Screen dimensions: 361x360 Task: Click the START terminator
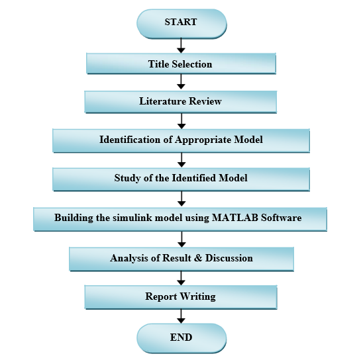tap(181, 24)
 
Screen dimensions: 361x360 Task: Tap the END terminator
tap(181, 338)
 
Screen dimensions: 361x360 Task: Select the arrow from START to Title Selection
tap(181, 46)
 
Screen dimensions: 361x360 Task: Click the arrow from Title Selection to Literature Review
tap(181, 81)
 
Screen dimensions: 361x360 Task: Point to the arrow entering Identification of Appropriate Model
tap(181, 121)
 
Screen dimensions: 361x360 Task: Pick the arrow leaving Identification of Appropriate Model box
tap(181, 160)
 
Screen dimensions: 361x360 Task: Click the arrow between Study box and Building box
tap(181, 199)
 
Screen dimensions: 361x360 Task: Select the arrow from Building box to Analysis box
tap(181, 240)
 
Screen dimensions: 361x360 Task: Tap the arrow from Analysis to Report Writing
tap(181, 279)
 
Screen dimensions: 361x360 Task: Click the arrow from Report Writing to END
tap(181, 316)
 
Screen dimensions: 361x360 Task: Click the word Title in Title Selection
tap(158, 64)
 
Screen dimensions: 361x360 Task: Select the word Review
tap(205, 101)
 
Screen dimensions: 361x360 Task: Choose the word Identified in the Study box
tap(193, 178)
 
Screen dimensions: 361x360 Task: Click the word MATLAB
tap(235, 218)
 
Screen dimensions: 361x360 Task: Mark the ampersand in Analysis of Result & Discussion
tap(198, 258)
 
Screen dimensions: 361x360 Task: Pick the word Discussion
tap(229, 258)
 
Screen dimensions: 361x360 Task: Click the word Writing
tap(198, 296)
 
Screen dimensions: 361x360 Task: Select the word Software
tap(281, 218)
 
